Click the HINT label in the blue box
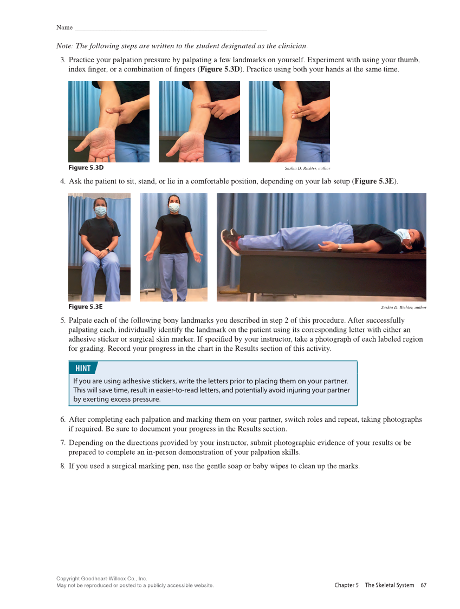pos(83,369)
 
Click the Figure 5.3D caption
pos(86,168)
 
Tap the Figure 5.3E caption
pos(85,307)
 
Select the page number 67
pos(423,585)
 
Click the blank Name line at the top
pos(170,28)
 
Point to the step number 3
pos(62,60)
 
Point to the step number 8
pos(62,466)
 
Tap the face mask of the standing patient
pos(174,207)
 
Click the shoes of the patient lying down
pos(231,241)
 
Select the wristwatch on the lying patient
pos(339,248)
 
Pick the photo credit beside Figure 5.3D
pos(307,169)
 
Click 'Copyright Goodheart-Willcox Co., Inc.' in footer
pos(101,579)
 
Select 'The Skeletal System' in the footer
pos(389,585)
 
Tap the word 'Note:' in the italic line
pos(65,46)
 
